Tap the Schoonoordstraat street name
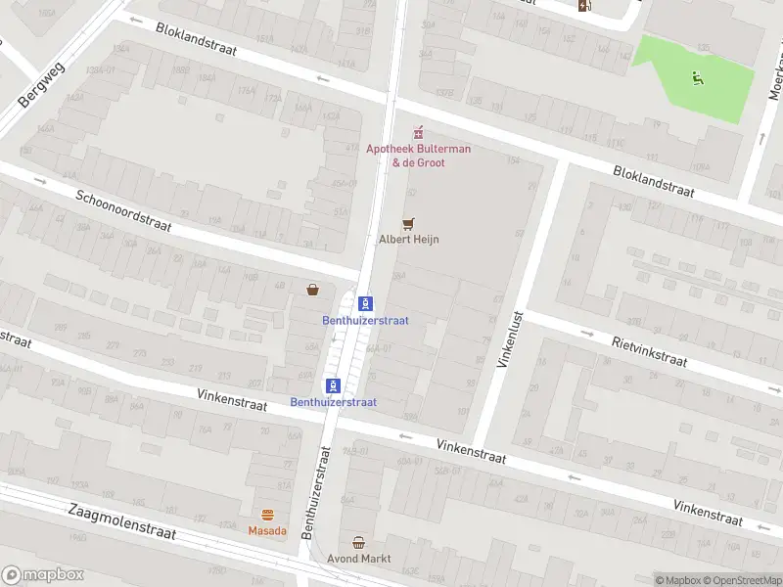pos(123,210)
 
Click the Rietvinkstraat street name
pos(649,351)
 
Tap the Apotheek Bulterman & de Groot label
pos(418,156)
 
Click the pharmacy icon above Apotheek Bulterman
pos(418,132)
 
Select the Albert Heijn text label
pos(408,239)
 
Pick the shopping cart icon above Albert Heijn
pos(408,223)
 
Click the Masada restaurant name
pos(267,531)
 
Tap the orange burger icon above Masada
pos(267,515)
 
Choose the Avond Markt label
pos(359,559)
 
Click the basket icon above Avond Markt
pos(359,542)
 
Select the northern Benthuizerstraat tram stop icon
pos(365,303)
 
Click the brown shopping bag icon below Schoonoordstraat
pos(312,290)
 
